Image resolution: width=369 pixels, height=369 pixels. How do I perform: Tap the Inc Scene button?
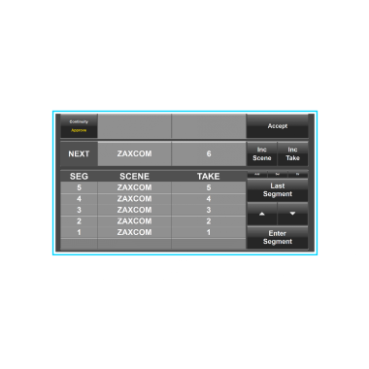262,153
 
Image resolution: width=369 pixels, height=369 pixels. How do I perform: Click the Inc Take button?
292,153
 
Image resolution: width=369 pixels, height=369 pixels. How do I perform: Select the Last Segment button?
277,188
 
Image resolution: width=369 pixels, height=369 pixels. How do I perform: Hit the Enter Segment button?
277,237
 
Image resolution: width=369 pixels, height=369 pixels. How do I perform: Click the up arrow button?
261,214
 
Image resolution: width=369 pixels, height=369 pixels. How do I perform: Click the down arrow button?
292,214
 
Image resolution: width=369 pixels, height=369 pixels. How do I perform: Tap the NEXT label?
79,153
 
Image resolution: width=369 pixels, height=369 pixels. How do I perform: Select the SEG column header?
79,176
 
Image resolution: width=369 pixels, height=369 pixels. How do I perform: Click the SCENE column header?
134,176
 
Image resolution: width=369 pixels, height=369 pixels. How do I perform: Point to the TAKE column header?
208,176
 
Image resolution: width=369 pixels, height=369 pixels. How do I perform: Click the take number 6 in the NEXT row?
208,153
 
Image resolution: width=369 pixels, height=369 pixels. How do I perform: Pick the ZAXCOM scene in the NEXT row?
134,153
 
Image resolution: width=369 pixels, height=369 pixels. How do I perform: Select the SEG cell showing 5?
79,187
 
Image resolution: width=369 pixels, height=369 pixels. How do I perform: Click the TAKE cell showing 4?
208,198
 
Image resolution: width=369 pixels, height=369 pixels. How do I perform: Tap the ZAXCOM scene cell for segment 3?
134,210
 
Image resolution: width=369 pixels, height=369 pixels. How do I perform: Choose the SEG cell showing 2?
79,221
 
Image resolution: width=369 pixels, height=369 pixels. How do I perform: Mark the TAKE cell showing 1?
208,232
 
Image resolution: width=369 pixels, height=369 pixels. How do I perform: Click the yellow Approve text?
78,129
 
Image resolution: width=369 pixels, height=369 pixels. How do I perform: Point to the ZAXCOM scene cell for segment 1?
134,232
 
